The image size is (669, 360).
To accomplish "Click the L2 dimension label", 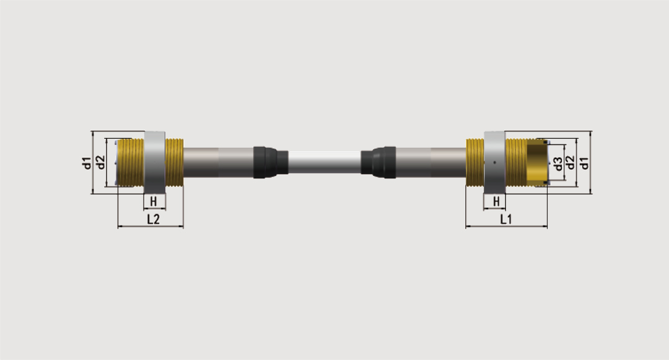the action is [x=153, y=219].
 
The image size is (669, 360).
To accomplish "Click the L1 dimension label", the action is [x=505, y=219].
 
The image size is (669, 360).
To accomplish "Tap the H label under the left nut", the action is [x=154, y=201].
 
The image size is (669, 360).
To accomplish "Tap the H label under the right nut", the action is [x=496, y=201].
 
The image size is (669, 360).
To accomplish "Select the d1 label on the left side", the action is [x=87, y=162].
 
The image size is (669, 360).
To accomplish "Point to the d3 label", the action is [x=558, y=164].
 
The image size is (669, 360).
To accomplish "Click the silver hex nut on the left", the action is [x=154, y=162].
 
